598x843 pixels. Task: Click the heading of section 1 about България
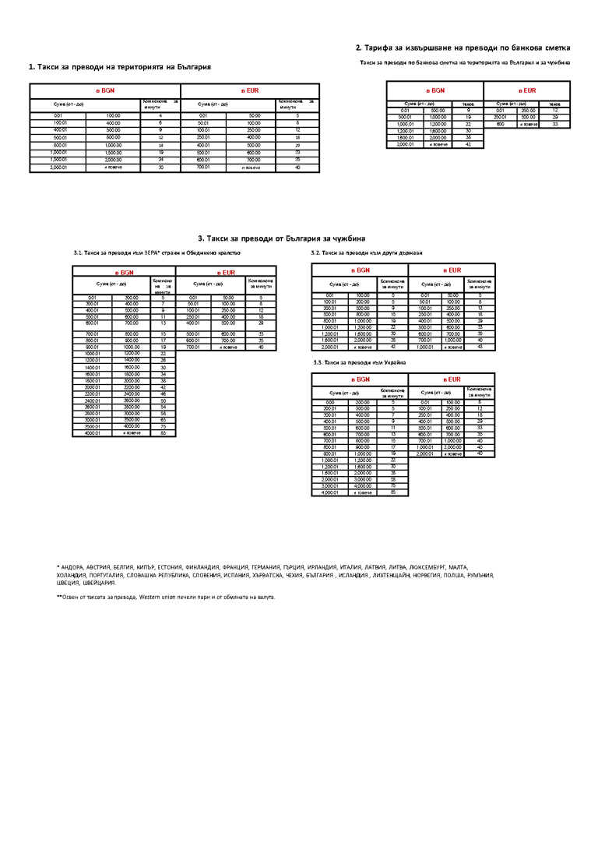click(x=120, y=67)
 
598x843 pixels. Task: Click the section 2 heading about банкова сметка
click(x=463, y=48)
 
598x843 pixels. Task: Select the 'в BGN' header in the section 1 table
click(x=105, y=91)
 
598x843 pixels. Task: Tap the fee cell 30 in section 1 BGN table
click(x=160, y=168)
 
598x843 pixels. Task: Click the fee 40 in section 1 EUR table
click(x=297, y=168)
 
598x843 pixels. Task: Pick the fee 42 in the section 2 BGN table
click(x=468, y=144)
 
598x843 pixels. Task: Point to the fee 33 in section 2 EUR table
click(x=555, y=124)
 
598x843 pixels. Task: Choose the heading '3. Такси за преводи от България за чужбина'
click(x=281, y=238)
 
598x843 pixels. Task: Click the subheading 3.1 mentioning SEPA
click(x=157, y=253)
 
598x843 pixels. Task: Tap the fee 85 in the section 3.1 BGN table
click(x=164, y=433)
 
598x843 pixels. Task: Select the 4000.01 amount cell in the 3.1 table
click(x=92, y=433)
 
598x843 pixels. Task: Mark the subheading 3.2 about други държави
click(x=366, y=253)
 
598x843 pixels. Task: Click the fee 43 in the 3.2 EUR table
click(x=480, y=347)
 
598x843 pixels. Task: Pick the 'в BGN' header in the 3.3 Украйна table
click(x=360, y=379)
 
